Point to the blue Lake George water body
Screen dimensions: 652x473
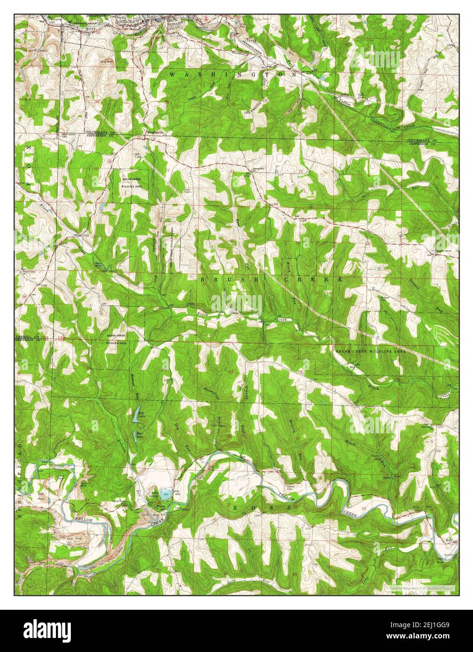point(165,494)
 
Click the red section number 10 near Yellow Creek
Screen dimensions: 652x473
point(364,508)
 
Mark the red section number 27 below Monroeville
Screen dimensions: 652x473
point(168,170)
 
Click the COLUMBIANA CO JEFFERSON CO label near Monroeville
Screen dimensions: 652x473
point(99,134)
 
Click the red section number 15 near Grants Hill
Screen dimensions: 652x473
point(301,172)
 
